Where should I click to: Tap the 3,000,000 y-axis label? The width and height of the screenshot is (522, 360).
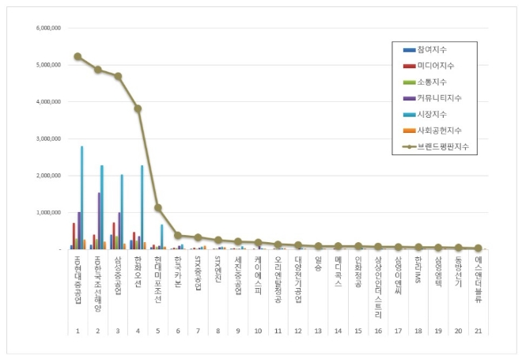pos(50,138)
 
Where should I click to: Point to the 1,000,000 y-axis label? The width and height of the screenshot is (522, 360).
pos(50,213)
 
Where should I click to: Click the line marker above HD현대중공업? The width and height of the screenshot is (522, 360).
pos(78,56)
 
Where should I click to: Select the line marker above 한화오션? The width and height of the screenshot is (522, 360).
pos(138,108)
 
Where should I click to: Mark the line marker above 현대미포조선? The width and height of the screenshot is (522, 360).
pos(157,208)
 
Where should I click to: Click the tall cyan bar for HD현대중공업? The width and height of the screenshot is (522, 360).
pos(81,198)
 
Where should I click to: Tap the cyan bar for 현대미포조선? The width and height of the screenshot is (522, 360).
pos(162,237)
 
